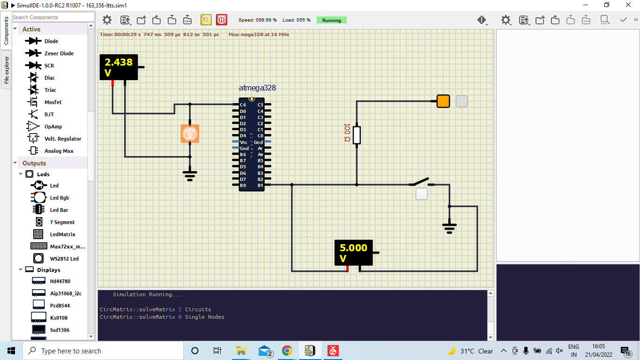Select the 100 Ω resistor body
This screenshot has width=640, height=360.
pos(357,135)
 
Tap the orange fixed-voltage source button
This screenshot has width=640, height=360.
pos(443,101)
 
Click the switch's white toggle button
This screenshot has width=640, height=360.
pos(422,194)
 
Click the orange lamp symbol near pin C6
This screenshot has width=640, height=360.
pos(190,134)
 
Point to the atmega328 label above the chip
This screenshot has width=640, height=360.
pos(257,88)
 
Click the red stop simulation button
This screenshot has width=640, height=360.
pos(222,20)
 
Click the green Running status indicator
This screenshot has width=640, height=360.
pos(331,20)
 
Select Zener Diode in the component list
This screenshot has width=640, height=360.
pos(59,53)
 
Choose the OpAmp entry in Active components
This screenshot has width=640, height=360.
pos(53,127)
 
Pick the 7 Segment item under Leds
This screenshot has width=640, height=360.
pos(62,222)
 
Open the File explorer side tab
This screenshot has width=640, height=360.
pos(7,70)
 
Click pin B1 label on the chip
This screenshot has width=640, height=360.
pos(260,185)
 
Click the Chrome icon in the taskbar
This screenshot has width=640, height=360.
pos(287,351)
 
